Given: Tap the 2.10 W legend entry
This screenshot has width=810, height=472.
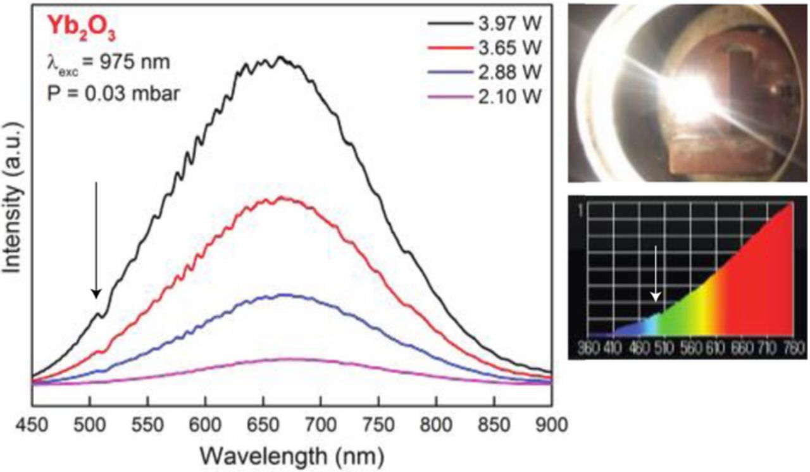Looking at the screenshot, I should tap(506, 96).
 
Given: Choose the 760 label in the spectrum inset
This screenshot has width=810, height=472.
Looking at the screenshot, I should tap(792, 349).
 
